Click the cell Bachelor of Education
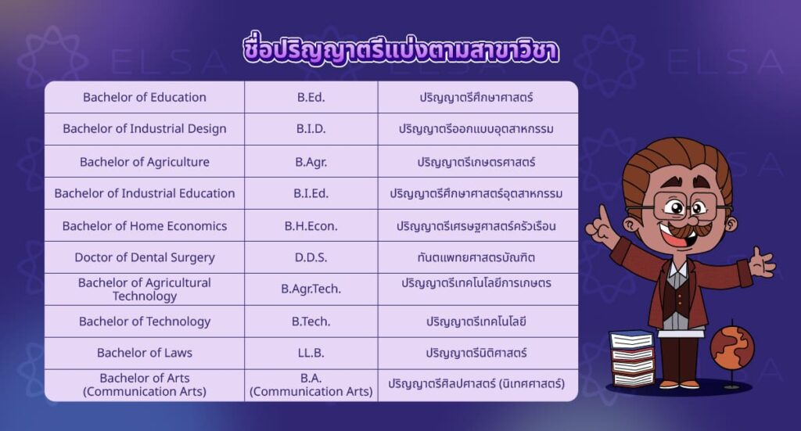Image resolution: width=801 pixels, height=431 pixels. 145,97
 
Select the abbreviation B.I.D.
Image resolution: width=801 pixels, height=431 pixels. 311,129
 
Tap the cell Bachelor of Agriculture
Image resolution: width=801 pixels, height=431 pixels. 145,162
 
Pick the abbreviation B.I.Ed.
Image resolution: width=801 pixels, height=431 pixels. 311,193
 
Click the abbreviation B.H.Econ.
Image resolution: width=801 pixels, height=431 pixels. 311,226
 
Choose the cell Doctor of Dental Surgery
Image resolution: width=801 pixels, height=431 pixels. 145,257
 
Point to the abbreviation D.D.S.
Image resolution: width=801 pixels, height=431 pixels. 311,257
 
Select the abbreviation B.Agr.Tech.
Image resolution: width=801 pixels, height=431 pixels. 311,289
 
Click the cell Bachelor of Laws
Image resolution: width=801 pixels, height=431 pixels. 145,353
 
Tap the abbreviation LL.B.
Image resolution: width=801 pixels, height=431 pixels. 311,353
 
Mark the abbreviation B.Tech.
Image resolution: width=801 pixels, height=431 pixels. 311,321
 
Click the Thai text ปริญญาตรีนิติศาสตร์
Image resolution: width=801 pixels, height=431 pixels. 476,353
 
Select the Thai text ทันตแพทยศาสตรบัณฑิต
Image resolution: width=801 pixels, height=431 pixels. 476,257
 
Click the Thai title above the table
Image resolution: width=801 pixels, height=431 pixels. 400,50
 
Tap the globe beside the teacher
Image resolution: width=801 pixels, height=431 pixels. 732,348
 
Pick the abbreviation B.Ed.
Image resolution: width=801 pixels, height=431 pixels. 311,97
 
